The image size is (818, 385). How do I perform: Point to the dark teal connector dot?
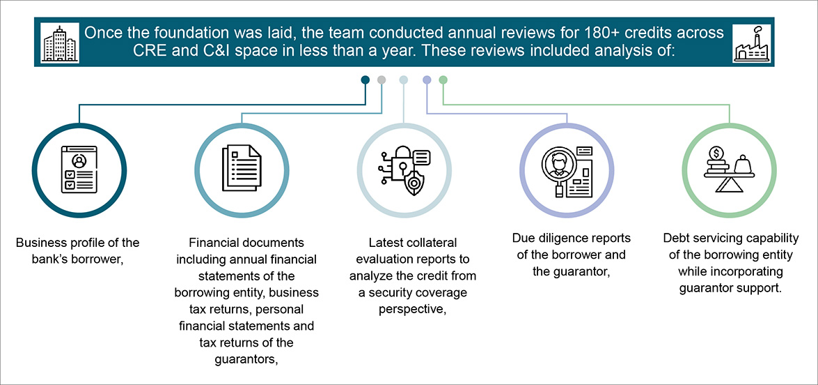[x=365, y=80]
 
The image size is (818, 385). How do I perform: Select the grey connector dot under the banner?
[x=382, y=80]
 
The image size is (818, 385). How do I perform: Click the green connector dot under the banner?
[x=443, y=80]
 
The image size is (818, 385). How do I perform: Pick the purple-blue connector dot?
[x=427, y=80]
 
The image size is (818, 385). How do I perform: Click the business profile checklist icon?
[x=78, y=169]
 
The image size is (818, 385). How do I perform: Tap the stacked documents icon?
[x=242, y=169]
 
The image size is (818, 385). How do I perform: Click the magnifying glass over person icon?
[x=567, y=169]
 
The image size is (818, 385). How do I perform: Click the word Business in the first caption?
[x=39, y=243]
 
